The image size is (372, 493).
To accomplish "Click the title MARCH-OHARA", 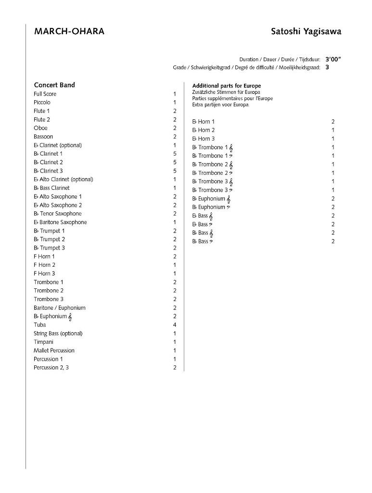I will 69,32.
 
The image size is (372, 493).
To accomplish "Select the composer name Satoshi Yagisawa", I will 306,32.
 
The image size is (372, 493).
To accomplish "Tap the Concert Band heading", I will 54,85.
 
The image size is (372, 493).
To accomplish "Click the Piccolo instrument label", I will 42,103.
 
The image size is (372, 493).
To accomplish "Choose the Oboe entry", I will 40,128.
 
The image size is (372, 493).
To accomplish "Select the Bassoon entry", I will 43,137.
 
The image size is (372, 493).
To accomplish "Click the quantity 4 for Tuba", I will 175,325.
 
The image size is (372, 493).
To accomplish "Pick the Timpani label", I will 44,342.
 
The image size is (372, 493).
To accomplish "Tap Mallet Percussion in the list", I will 54,350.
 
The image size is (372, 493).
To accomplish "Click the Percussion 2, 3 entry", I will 51,368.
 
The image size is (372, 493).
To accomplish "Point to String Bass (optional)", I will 58,334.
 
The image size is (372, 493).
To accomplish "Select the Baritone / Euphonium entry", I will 59,308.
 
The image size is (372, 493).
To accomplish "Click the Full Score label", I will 45,94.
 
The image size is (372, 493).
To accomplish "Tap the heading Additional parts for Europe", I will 226,86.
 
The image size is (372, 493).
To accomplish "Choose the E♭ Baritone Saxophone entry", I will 60,222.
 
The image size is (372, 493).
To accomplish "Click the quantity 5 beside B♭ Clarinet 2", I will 175,162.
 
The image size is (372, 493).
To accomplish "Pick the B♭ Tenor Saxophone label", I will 58,214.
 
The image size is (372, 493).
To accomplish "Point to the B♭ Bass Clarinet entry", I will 51,188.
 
